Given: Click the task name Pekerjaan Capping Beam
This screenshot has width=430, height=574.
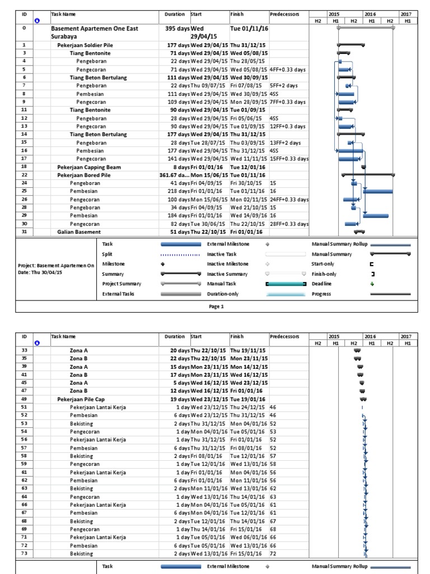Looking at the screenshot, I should pos(88,167).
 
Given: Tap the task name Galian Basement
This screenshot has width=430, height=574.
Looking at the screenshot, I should pos(79,232).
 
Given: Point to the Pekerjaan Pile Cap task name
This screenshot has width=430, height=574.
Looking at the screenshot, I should pos(81,399).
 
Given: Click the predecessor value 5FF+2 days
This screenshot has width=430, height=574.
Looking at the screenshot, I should pos(283,86).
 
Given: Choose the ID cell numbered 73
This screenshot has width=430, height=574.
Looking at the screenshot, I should pos(24,554).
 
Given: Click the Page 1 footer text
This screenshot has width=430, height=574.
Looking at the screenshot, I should pos(216,306).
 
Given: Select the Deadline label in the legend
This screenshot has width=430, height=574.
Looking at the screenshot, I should pos(321,284).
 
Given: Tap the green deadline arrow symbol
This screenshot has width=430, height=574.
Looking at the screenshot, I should pos(372,284).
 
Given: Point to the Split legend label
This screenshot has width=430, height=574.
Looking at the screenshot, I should pos(107,254).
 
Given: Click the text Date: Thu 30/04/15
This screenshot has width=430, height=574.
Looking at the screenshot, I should pos(40,272).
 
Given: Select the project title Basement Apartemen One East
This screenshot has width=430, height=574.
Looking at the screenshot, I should pos(94,28).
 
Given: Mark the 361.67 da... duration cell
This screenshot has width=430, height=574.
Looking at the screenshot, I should pos(174,175).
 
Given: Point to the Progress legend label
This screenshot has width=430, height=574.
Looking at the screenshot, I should pos(322,294).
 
